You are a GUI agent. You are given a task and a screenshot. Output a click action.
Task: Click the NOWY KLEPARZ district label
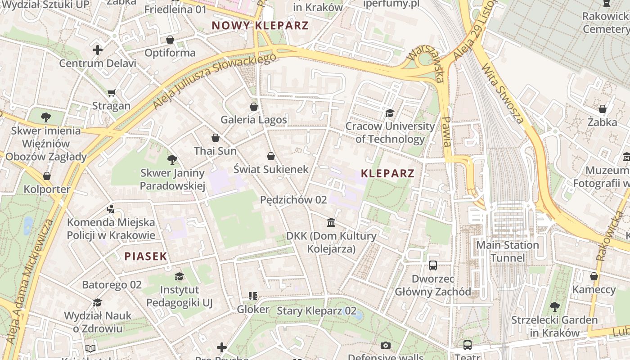[x=260, y=25]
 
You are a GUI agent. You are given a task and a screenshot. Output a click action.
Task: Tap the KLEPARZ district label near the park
[x=387, y=173]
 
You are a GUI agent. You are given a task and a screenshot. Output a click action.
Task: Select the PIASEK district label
[x=146, y=256]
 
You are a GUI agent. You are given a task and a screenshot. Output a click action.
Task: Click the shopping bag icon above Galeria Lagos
[x=254, y=107]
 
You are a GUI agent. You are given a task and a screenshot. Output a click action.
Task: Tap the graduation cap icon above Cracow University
[x=390, y=113]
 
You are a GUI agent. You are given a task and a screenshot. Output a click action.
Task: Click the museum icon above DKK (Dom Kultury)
[x=331, y=223]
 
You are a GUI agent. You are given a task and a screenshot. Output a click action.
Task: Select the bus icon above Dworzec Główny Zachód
[x=433, y=265]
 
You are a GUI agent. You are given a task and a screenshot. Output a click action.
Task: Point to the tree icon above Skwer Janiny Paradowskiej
[x=172, y=159]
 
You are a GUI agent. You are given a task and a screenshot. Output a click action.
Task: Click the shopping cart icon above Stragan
[x=111, y=93]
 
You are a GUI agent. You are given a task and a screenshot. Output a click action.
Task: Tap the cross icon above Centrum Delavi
[x=98, y=50]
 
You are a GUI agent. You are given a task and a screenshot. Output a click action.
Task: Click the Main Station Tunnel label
[x=508, y=252]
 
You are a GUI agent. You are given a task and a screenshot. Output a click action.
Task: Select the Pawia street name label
[x=446, y=131]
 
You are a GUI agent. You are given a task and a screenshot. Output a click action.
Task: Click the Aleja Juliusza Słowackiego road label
[x=214, y=81]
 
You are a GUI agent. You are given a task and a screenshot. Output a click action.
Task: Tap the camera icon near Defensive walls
[x=386, y=346]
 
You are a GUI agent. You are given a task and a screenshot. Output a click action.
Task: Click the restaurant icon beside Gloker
[x=253, y=296]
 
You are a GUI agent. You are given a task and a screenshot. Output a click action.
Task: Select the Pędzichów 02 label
[x=293, y=199]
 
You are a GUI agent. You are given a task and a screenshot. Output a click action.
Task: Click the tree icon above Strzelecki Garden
[x=555, y=307]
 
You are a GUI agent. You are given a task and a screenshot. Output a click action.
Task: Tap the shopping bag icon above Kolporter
[x=47, y=176]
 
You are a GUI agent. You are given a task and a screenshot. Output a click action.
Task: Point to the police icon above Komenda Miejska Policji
[x=111, y=209]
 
